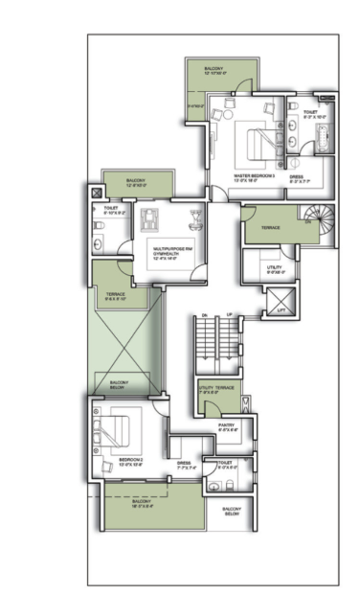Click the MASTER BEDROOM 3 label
click(254, 176)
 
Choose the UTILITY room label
click(274, 269)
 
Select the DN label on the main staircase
click(204, 315)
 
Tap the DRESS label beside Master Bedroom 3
click(296, 176)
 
